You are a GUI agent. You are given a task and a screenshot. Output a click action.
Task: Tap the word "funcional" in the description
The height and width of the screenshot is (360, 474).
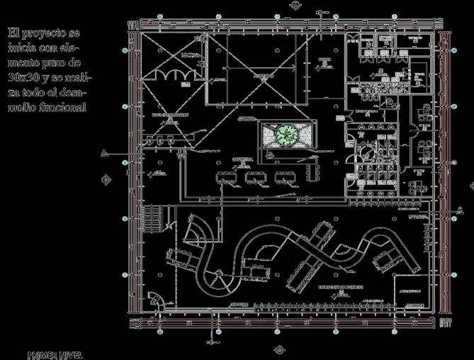pyautogui.click(x=62, y=108)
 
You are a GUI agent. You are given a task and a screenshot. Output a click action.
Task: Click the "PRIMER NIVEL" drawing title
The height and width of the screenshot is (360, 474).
pyautogui.click(x=55, y=354)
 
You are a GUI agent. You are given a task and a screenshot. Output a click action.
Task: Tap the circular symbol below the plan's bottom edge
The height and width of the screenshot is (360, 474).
pyautogui.click(x=278, y=349)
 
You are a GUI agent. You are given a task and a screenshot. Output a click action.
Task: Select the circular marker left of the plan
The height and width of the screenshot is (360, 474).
pyautogui.click(x=107, y=179)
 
